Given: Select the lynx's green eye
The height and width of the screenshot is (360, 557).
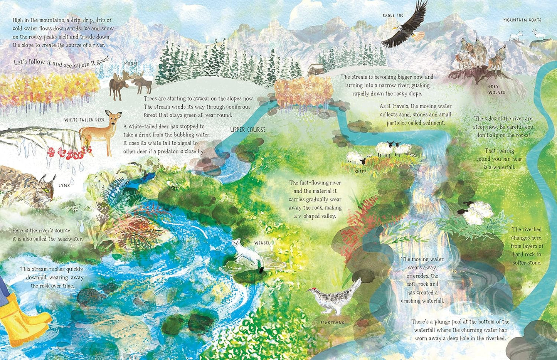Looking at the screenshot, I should tap(48, 190).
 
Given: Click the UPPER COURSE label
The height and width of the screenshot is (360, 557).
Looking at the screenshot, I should tap(248, 130).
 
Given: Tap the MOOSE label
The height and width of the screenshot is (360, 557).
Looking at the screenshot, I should tap(131, 64).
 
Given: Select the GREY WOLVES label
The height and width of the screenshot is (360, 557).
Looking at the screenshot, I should tap(496, 89).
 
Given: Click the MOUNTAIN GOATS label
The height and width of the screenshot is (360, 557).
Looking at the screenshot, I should tap(522, 20).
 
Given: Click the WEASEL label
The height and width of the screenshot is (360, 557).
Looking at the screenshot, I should tap(262, 243).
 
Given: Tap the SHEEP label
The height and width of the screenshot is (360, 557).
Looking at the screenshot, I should tap(360, 172).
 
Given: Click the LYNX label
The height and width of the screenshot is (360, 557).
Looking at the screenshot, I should tap(64, 185).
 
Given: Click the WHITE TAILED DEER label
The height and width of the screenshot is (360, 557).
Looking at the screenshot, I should tap(84, 120).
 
